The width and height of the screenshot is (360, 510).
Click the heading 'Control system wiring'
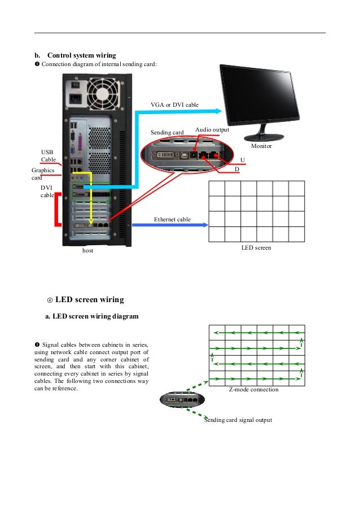click(x=81, y=55)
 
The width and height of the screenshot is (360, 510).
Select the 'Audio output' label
click(x=212, y=130)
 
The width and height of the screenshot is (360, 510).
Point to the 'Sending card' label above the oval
click(x=167, y=132)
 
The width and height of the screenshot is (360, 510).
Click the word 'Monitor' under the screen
click(x=261, y=146)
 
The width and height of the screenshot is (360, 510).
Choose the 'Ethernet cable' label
click(x=172, y=219)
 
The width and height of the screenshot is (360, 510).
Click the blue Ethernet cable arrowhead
click(x=204, y=225)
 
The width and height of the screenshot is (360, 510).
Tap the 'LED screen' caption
click(x=256, y=247)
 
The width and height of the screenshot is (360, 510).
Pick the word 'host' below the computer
click(x=87, y=250)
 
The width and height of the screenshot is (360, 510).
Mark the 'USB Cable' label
click(x=48, y=156)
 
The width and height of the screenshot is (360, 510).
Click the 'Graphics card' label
click(x=42, y=173)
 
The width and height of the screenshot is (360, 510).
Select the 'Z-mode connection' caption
click(x=253, y=390)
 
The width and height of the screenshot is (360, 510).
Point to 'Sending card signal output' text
click(x=238, y=420)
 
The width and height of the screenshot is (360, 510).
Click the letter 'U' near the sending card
click(x=243, y=160)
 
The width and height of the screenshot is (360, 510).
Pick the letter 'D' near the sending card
click(x=237, y=169)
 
